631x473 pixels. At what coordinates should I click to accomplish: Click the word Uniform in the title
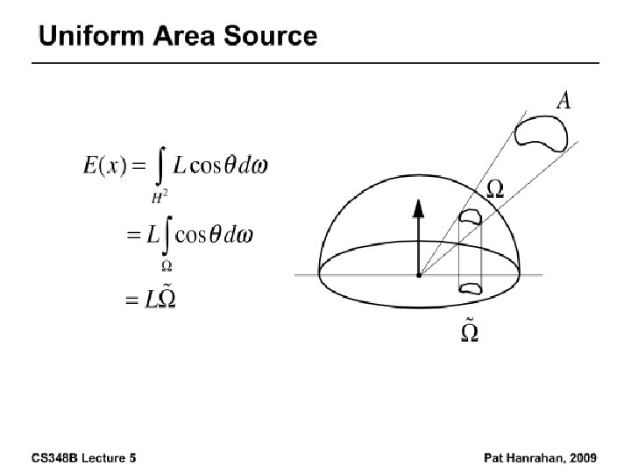pyautogui.click(x=93, y=36)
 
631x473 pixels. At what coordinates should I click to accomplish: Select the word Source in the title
pyautogui.click(x=274, y=36)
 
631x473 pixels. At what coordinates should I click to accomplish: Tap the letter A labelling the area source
pyautogui.click(x=564, y=101)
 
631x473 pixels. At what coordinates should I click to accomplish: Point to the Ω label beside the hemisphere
pyautogui.click(x=494, y=188)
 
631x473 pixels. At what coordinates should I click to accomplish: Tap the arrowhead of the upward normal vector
pyautogui.click(x=419, y=208)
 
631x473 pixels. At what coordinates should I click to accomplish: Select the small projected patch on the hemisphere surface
pyautogui.click(x=471, y=216)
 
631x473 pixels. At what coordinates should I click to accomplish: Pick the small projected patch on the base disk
pyautogui.click(x=471, y=286)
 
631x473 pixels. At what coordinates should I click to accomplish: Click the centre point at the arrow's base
pyautogui.click(x=419, y=274)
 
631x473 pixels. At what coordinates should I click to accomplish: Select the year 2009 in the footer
pyautogui.click(x=582, y=457)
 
